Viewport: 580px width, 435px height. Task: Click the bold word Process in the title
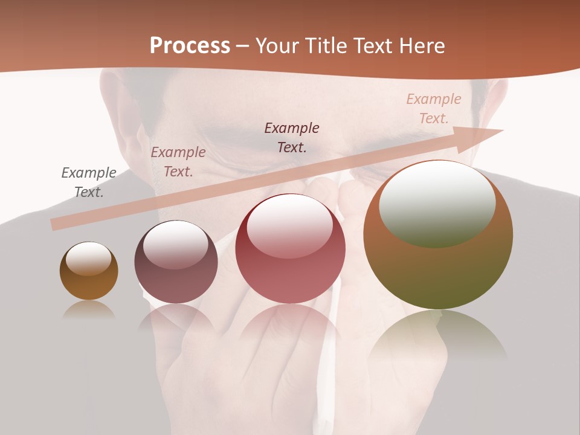(x=190, y=46)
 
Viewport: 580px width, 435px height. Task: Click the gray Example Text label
(x=89, y=182)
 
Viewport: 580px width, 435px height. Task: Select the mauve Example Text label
(x=178, y=162)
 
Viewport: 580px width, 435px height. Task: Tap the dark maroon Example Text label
(x=292, y=137)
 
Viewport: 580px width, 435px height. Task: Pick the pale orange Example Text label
(x=434, y=109)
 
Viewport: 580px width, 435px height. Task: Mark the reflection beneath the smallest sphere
(x=89, y=309)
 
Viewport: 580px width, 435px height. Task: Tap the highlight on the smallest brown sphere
(x=89, y=259)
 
